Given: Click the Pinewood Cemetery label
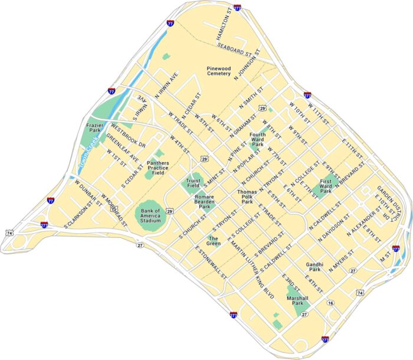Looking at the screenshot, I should [218, 71].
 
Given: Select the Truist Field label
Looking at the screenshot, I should [194, 183].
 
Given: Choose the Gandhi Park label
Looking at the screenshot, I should [314, 267].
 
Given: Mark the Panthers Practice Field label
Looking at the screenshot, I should [158, 168].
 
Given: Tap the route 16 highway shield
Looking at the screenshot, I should [330, 303].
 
